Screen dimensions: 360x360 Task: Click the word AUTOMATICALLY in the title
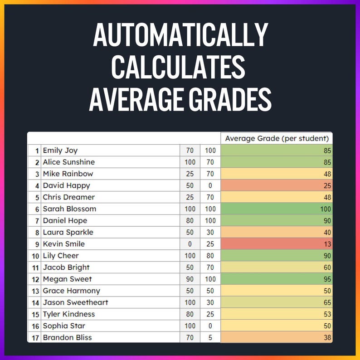tap(180, 35)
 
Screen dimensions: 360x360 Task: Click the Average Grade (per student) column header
tap(277, 138)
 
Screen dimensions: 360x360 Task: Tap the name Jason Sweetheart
tap(75, 302)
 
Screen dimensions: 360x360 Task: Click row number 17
tap(35, 338)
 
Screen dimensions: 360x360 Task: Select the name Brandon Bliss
tap(68, 338)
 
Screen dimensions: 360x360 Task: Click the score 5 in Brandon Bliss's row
tap(210, 338)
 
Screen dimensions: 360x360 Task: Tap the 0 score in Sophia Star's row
tap(210, 326)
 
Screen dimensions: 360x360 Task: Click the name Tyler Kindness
tap(68, 314)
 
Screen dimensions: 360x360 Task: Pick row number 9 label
tap(37, 244)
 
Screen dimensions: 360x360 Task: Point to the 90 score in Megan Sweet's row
tap(190, 279)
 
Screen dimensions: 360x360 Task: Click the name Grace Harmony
tap(71, 291)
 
